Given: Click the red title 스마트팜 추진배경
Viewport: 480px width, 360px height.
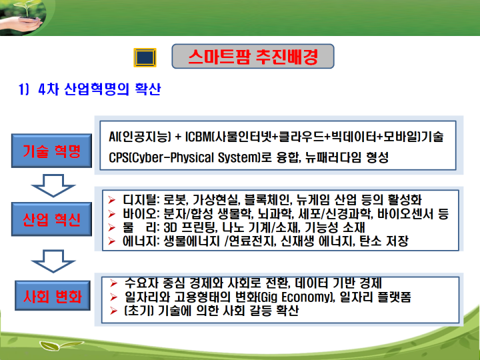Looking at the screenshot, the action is click(253, 57).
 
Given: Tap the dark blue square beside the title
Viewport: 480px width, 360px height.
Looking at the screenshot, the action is click(145, 57).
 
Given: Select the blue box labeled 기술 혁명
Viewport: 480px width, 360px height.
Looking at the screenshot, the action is click(51, 151).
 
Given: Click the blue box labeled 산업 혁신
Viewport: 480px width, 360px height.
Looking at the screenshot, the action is click(51, 219).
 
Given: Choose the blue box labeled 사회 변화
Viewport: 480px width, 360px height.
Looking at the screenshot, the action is click(53, 296).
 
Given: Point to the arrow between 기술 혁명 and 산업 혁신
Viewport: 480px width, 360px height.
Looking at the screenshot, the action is click(53, 185).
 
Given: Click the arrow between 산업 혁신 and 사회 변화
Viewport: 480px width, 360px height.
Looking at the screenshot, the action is click(53, 261).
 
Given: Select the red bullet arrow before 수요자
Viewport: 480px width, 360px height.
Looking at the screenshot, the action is click(113, 283).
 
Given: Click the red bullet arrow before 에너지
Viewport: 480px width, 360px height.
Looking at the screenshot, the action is click(111, 241).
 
